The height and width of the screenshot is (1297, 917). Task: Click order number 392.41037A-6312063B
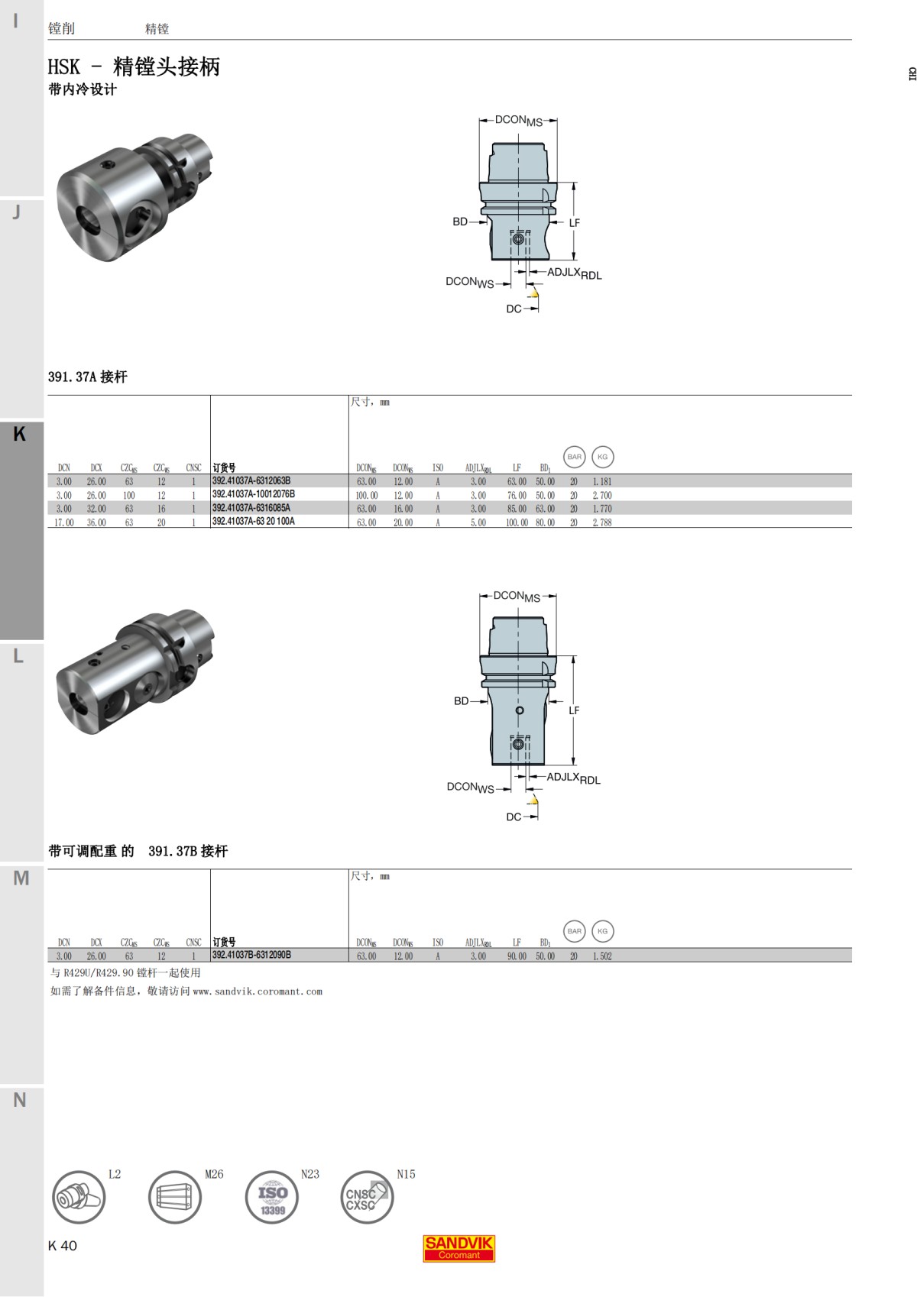tap(251, 481)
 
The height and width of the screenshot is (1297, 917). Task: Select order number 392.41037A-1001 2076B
tap(253, 494)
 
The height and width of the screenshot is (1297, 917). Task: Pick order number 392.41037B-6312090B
tap(251, 955)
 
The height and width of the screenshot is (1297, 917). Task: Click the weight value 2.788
tap(602, 522)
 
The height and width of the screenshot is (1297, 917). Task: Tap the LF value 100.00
tap(517, 522)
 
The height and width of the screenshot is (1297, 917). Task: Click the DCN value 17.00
tap(63, 522)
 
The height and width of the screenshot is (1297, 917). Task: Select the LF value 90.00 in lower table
tap(517, 956)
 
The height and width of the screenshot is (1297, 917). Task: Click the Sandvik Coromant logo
tap(458, 1248)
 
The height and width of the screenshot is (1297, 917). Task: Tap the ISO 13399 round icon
tap(272, 1197)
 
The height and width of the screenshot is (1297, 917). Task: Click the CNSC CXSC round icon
tap(366, 1197)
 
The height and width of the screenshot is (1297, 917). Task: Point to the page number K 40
tap(63, 1246)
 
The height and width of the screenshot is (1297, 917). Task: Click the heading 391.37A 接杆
tap(87, 377)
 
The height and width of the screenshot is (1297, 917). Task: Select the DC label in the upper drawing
tap(514, 309)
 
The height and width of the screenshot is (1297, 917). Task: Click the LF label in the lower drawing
tap(574, 710)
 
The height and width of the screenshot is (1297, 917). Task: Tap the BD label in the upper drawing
tap(459, 222)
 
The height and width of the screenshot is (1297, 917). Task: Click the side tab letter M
tap(21, 878)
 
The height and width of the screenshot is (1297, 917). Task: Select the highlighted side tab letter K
tap(20, 434)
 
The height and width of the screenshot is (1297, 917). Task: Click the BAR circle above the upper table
tap(574, 457)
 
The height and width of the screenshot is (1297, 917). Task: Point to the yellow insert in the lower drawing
tap(533, 800)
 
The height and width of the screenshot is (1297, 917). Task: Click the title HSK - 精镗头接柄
tap(134, 66)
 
